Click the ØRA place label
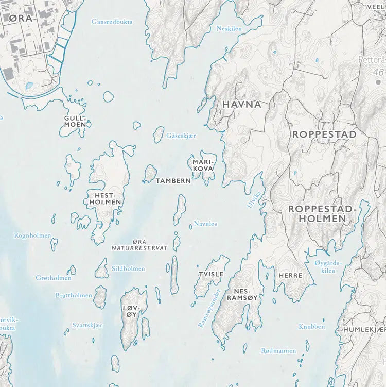(x=21, y=19)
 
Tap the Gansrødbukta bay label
(x=112, y=22)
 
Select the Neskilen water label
(x=229, y=29)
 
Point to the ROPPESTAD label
(x=324, y=134)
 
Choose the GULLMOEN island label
(x=75, y=121)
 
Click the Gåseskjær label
(x=182, y=136)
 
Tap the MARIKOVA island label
(x=202, y=165)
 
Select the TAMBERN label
(x=173, y=181)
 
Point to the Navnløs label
(x=205, y=224)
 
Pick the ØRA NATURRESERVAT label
(x=139, y=245)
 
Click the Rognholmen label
(x=32, y=235)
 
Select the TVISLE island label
(x=211, y=274)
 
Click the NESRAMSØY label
(x=245, y=294)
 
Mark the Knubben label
(x=312, y=327)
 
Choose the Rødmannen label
(x=278, y=351)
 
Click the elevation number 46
(x=379, y=73)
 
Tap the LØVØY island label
(x=131, y=311)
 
